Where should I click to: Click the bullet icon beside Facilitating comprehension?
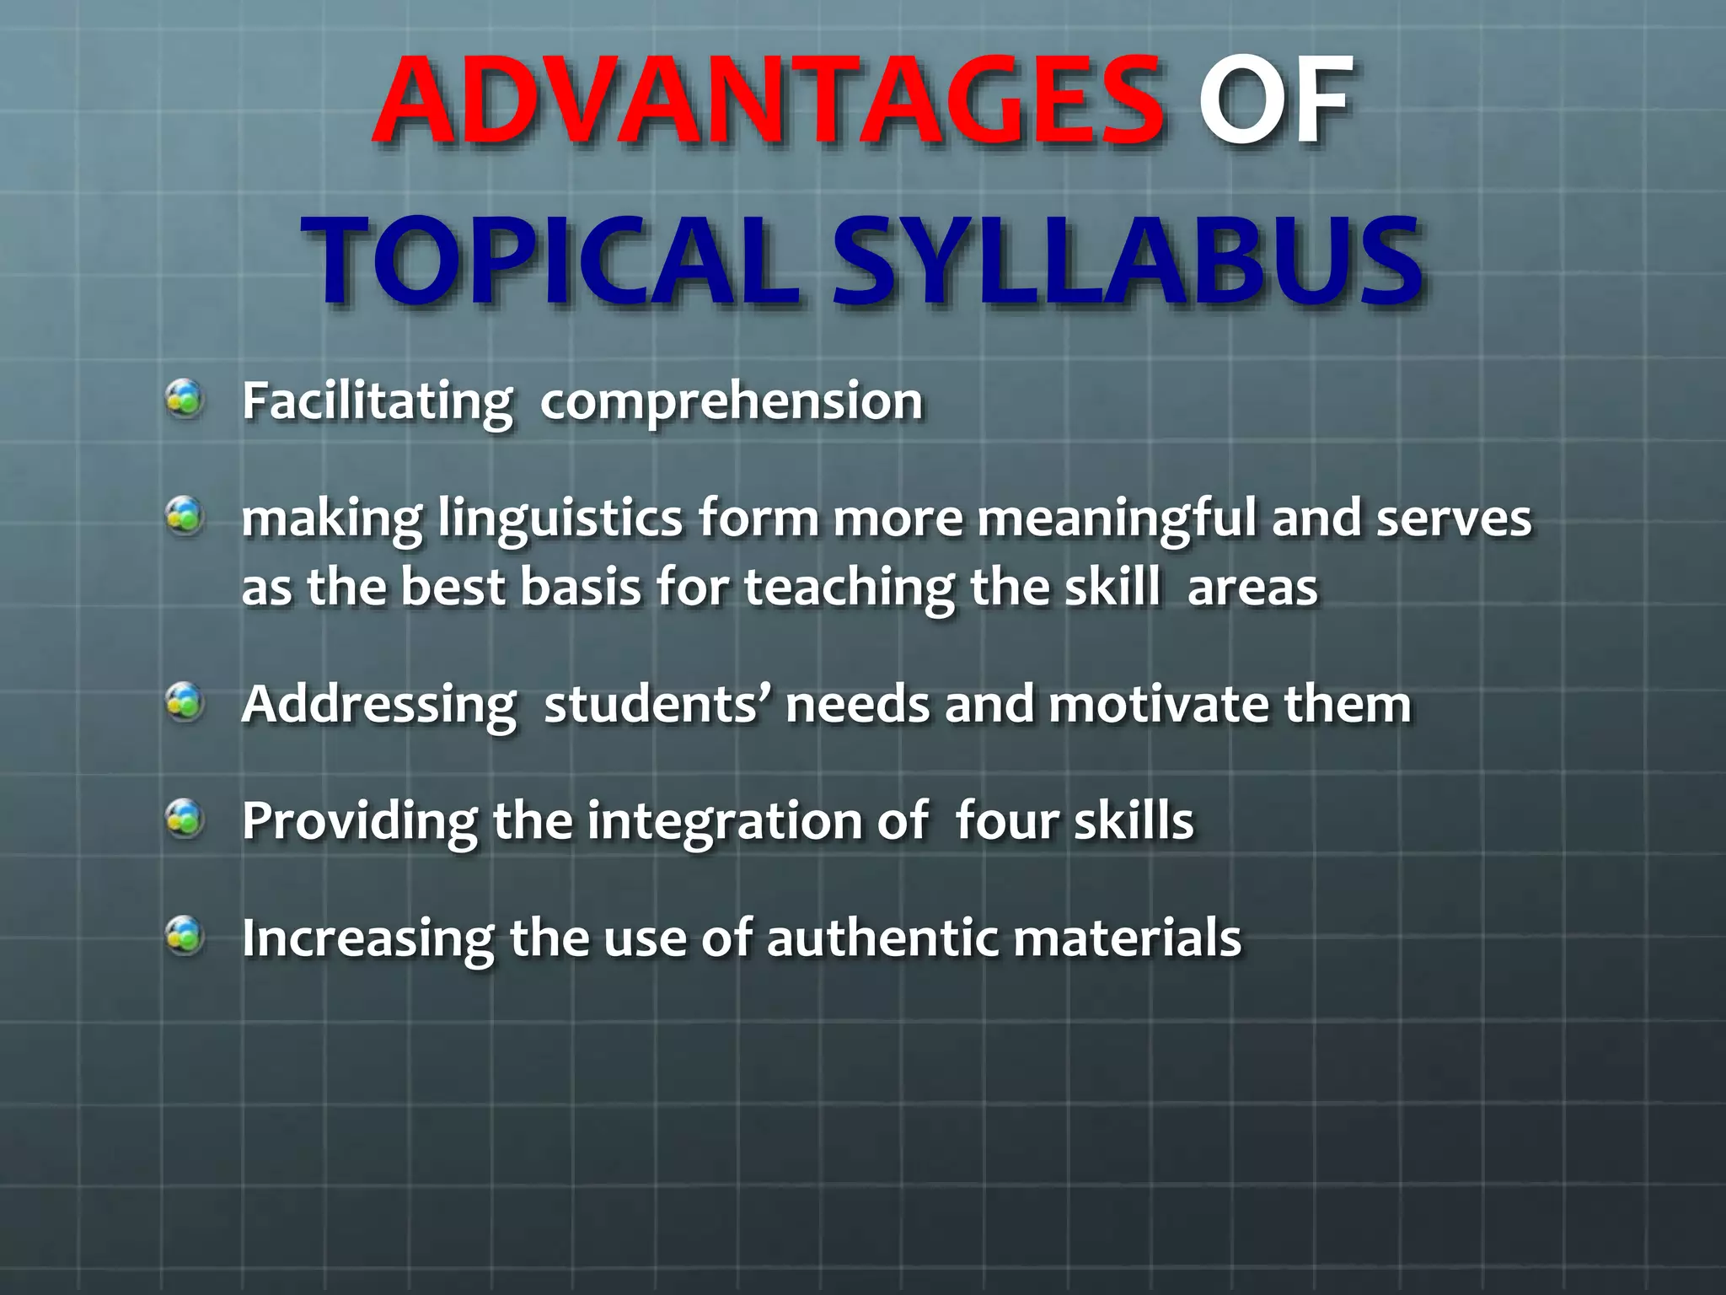(184, 398)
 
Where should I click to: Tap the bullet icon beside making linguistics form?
(184, 515)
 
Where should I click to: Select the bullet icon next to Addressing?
(184, 701)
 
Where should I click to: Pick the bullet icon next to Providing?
(184, 818)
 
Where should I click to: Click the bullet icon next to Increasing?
(184, 935)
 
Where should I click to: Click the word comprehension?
(732, 401)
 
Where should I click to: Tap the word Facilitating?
(377, 401)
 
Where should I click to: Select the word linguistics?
(560, 519)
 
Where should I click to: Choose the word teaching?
(849, 588)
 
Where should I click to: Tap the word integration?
(724, 821)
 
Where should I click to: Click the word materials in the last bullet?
(1127, 938)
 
